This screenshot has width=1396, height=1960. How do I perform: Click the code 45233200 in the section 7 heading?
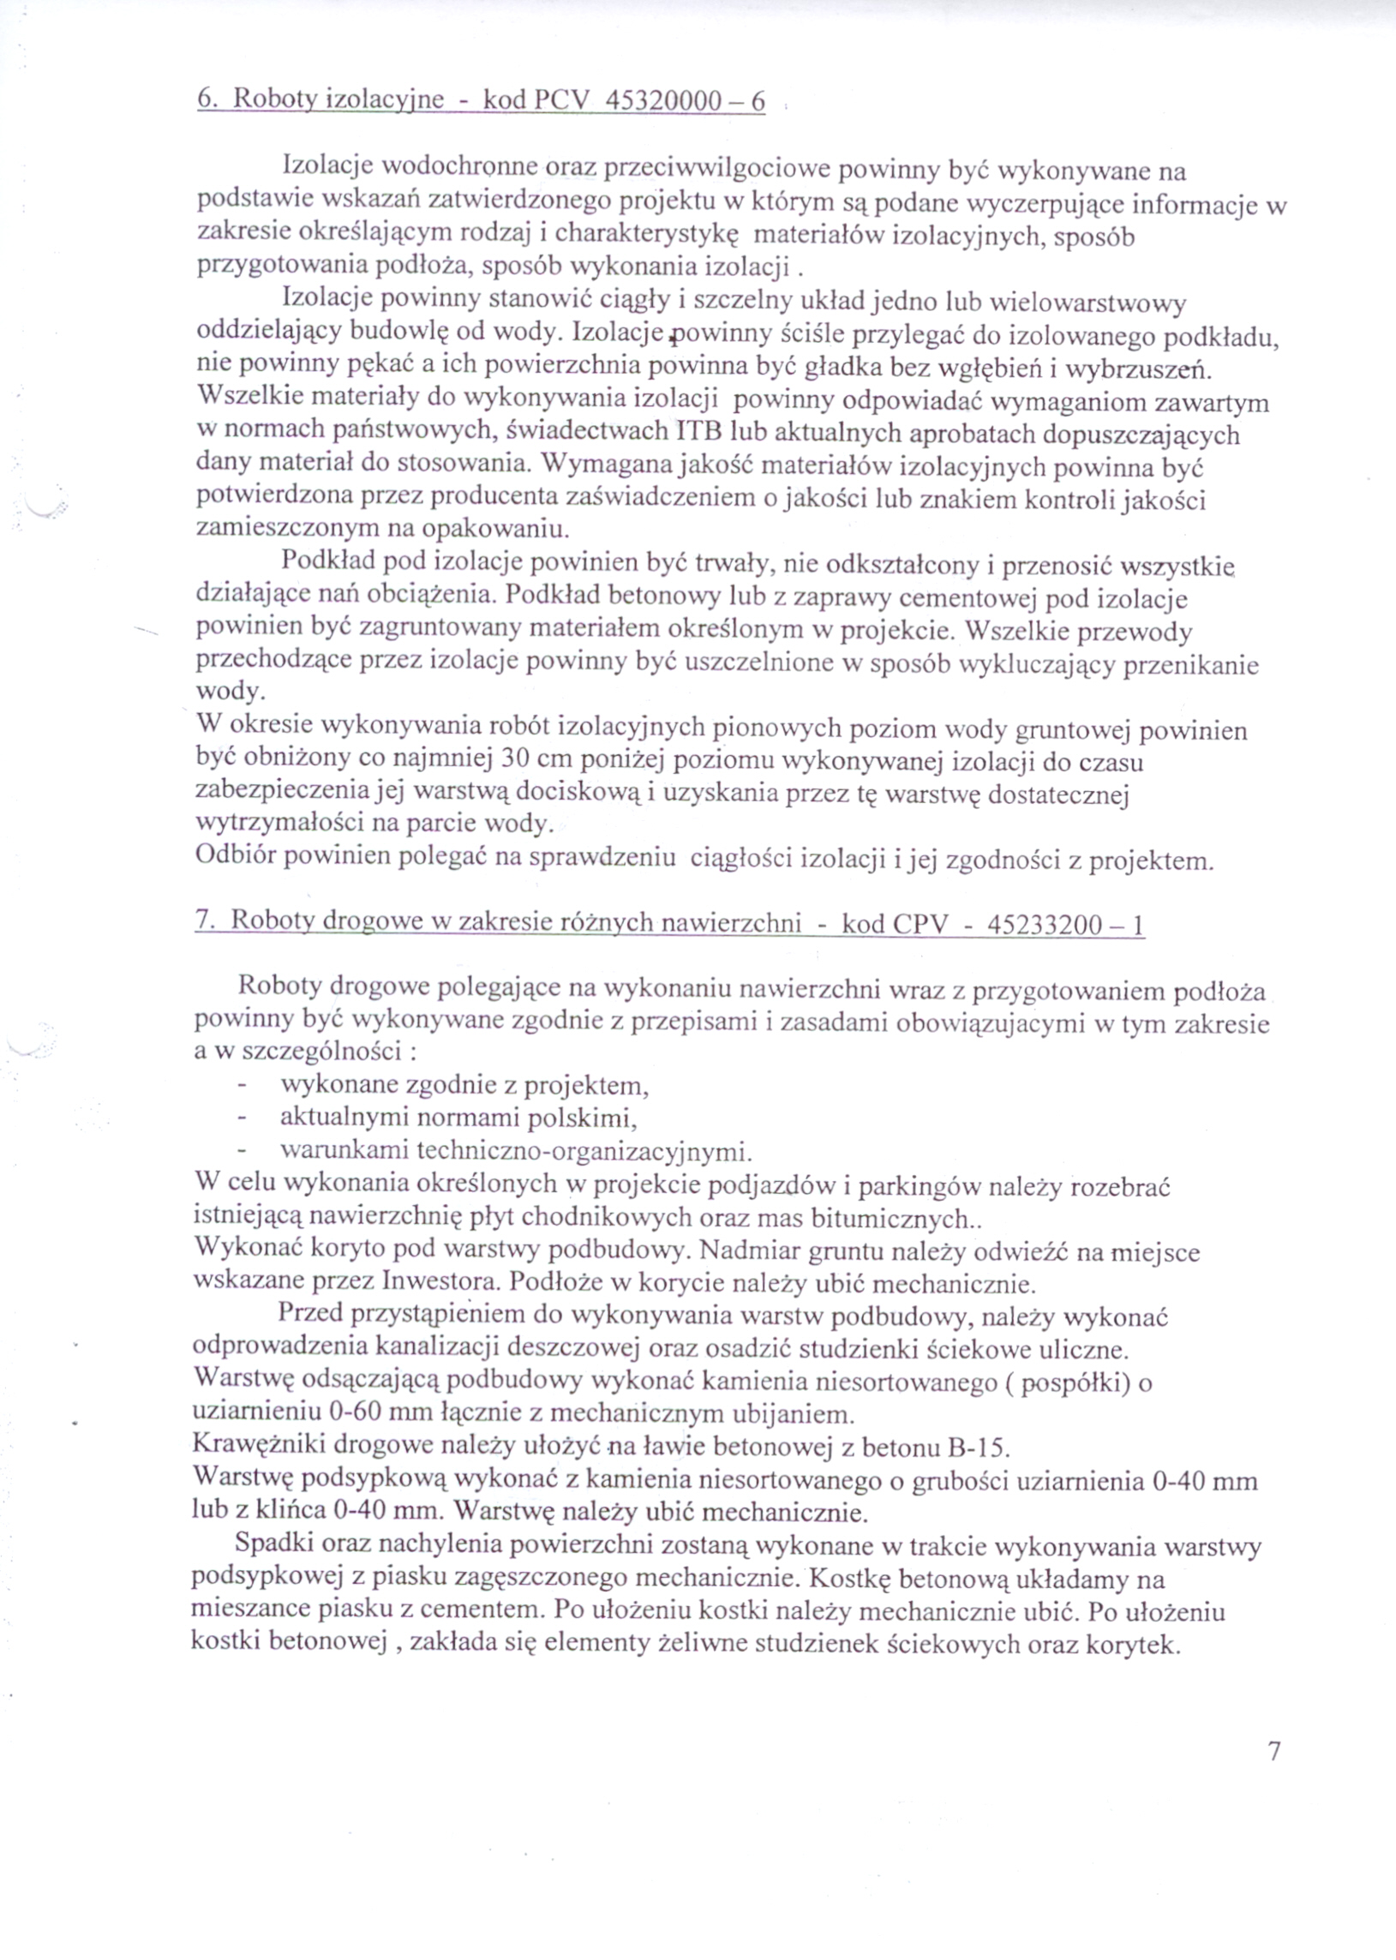click(1044, 925)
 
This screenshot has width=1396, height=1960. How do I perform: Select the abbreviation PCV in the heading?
click(562, 101)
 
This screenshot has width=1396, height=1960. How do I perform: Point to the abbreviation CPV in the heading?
click(921, 925)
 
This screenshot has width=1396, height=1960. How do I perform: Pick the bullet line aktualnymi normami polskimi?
click(458, 1118)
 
